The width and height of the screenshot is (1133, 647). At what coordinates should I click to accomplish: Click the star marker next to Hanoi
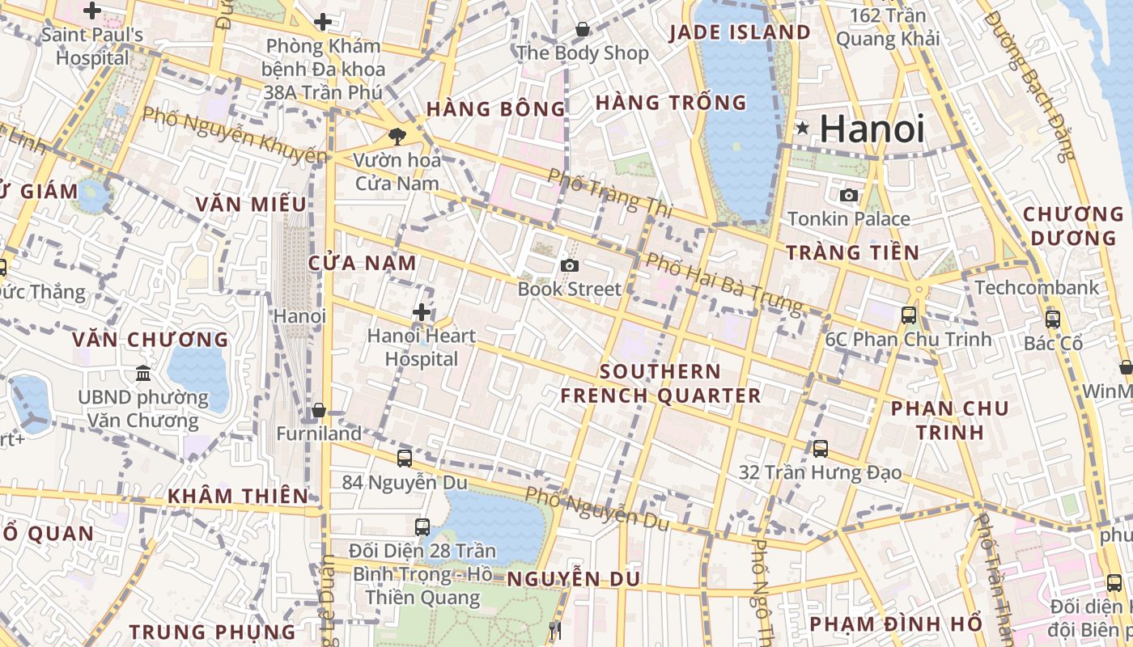(x=802, y=128)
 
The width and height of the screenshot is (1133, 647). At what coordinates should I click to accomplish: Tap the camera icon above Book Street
(x=570, y=265)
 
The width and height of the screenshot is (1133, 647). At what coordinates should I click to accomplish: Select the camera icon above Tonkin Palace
(x=849, y=195)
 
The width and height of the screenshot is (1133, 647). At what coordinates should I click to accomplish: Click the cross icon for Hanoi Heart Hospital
(x=421, y=312)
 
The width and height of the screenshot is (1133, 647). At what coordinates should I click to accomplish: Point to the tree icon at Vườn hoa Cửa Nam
(x=397, y=136)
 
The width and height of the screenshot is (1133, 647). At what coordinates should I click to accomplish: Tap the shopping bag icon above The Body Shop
(x=582, y=30)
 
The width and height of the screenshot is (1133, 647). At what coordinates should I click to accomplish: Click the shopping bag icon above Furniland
(x=318, y=410)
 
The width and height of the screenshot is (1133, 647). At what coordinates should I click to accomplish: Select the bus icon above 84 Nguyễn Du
(x=405, y=458)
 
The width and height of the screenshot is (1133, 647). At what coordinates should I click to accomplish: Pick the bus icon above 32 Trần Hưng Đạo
(x=821, y=448)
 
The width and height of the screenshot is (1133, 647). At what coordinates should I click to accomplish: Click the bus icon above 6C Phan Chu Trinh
(x=909, y=315)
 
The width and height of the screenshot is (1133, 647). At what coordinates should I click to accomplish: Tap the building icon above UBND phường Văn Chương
(x=143, y=373)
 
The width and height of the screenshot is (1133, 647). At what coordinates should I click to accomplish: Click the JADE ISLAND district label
(x=740, y=32)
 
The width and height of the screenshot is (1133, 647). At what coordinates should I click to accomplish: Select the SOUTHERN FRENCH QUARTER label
(x=660, y=383)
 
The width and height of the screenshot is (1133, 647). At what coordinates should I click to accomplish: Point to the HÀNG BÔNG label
(x=496, y=108)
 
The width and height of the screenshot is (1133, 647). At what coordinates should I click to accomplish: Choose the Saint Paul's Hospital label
(x=92, y=46)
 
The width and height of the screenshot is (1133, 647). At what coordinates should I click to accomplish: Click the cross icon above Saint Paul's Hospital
(x=92, y=11)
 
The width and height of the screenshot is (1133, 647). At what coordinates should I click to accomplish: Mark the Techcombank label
(x=1037, y=287)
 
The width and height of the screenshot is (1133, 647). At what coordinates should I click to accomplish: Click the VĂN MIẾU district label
(x=251, y=204)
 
